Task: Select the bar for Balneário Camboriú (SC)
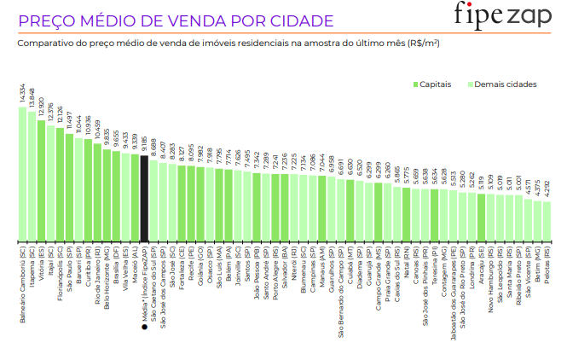pos(23,174)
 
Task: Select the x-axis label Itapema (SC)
pos(32,268)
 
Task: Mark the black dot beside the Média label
pos(145,326)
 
